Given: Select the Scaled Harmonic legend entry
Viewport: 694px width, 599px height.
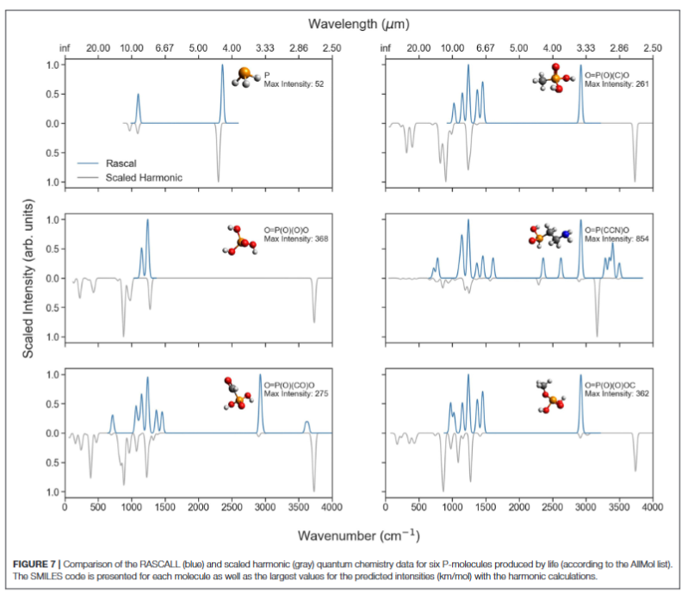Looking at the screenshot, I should pos(144,178).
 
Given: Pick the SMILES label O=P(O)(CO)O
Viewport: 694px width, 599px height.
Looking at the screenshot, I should pos(291,385).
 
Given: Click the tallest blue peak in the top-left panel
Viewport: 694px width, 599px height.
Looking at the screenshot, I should pos(222,66).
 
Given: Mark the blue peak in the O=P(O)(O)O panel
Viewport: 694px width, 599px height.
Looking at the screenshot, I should pos(147,221).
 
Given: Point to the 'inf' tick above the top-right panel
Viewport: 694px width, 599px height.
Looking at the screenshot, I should pos(386,48).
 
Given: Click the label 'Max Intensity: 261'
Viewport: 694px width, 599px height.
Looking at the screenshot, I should pos(617,83).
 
